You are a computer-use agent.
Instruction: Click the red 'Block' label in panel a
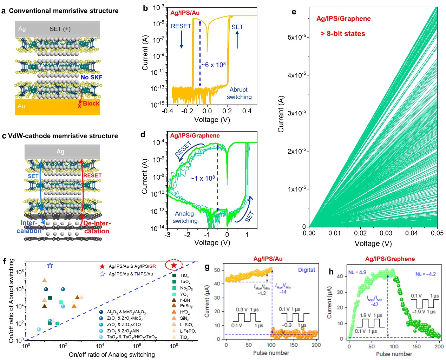pos(91,104)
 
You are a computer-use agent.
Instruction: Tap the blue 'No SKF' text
pos(91,77)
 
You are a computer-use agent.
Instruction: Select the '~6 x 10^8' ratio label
pos(213,65)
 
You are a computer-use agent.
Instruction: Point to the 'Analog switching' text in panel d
pos(185,217)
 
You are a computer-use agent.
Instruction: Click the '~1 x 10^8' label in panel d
pos(203,178)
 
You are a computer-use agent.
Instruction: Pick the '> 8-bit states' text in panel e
pos(343,34)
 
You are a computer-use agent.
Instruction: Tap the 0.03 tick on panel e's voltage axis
pos(386,233)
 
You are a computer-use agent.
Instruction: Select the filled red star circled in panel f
pos(173,265)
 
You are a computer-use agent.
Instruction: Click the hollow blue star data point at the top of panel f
pos(50,266)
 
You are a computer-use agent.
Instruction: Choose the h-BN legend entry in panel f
pos(185,300)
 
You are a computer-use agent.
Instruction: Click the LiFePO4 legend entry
pos(188,331)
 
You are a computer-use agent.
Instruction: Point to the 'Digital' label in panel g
pos(307,270)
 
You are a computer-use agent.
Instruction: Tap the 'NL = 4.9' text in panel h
pos(357,272)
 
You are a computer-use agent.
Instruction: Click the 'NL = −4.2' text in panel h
pos(426,274)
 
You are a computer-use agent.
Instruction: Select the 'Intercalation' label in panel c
pos(29,227)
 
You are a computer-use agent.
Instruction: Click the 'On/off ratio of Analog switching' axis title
pos(112,355)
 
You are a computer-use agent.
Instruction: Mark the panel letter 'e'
pos(294,12)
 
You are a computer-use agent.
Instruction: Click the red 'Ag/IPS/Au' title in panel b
pos(185,13)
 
